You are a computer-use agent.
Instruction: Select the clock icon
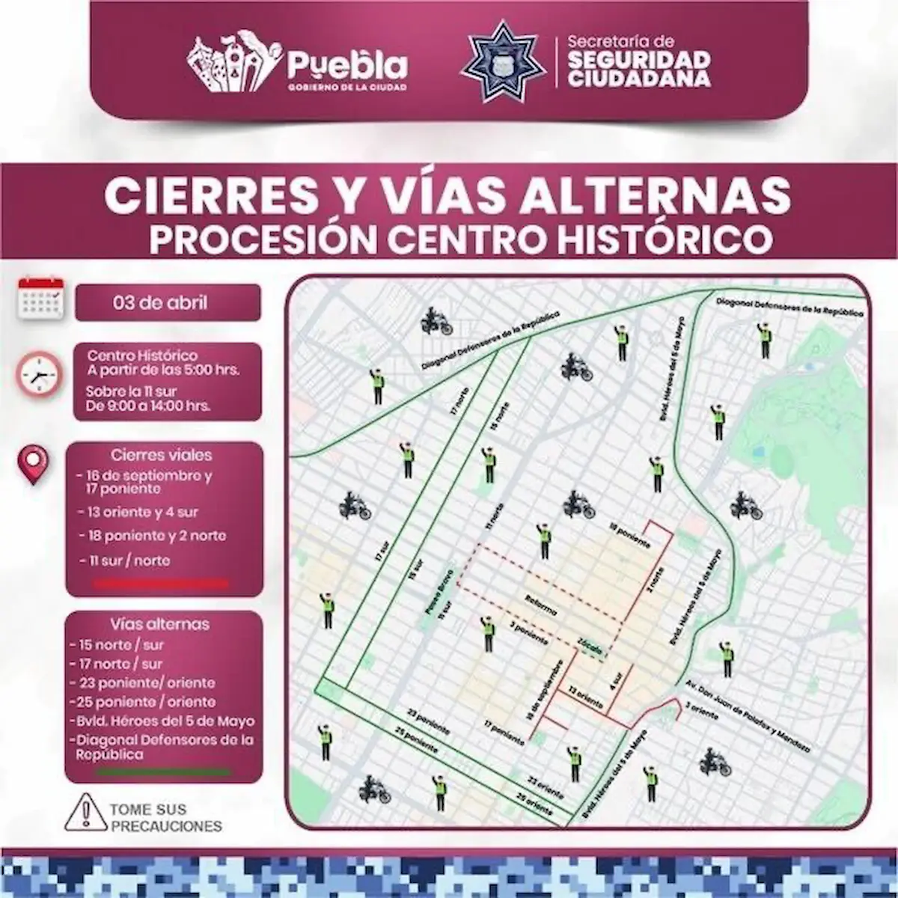coord(38,373)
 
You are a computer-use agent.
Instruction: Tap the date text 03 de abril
coord(160,303)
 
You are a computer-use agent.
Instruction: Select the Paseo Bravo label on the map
coord(433,599)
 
